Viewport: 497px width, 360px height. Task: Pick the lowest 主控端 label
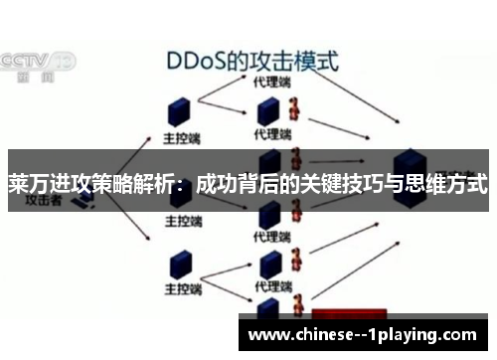(x=184, y=288)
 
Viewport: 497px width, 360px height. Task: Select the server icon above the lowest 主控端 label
(x=181, y=263)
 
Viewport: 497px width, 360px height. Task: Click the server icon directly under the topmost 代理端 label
(x=267, y=110)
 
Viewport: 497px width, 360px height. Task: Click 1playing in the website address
(x=431, y=334)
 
